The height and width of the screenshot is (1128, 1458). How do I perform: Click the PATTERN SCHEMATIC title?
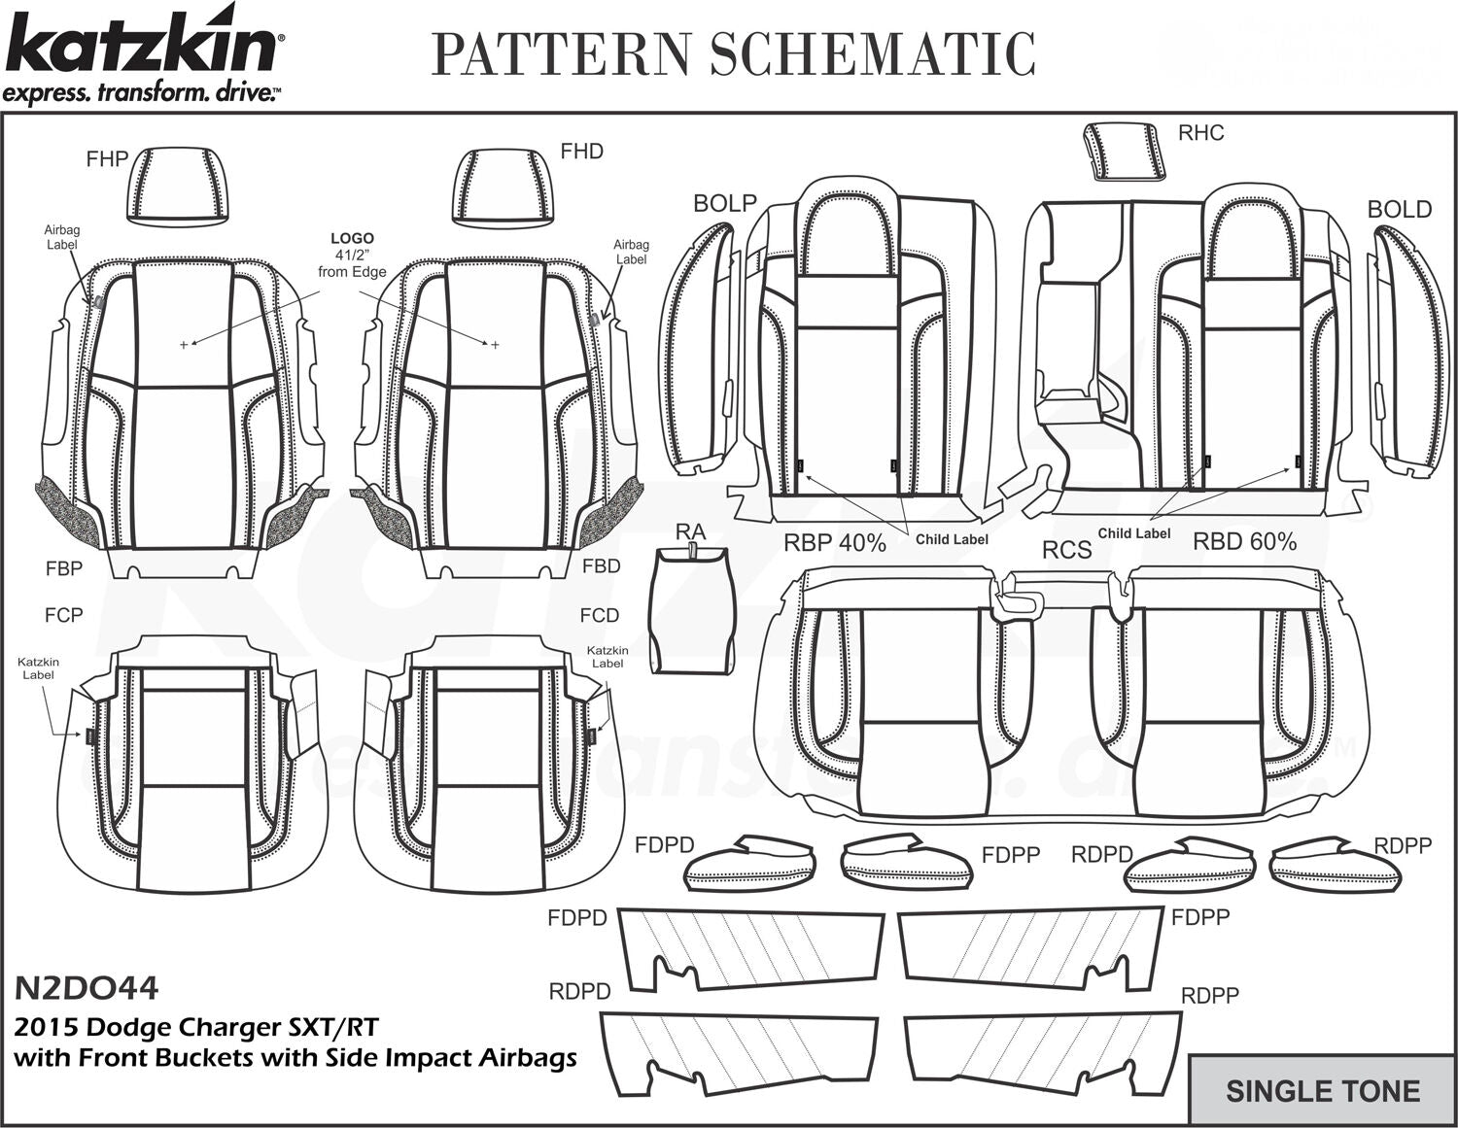coord(733,53)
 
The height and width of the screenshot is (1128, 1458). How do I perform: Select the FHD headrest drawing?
coord(502,188)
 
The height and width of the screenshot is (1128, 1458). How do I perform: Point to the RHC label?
coord(1200,133)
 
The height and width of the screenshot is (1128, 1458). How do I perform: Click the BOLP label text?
coord(724,203)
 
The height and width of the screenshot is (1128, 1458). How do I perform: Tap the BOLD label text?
coord(1399,209)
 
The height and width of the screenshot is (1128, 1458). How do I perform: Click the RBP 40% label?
coord(835,543)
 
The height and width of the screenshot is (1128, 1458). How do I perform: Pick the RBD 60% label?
coord(1244,541)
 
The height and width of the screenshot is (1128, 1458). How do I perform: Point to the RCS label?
coord(1066,550)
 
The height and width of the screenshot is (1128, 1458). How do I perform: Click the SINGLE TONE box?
coord(1322,1090)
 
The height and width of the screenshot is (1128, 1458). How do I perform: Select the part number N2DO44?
coord(86,988)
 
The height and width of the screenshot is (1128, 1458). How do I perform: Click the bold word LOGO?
coord(352,238)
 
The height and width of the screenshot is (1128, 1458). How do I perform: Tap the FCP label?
coord(63,615)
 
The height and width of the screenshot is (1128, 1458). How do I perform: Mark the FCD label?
coord(599,615)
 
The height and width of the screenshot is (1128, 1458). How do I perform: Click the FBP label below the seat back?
coord(63,568)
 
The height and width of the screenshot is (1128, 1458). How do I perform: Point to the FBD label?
coord(601,566)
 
